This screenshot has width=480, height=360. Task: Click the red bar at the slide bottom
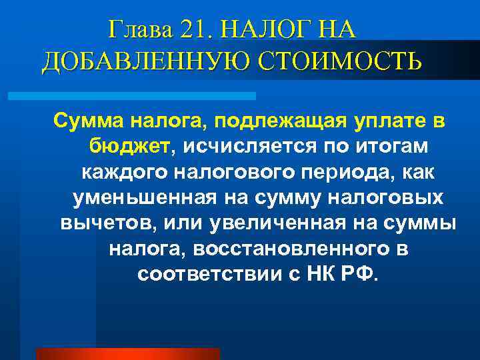(127, 353)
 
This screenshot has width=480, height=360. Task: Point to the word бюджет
(133, 147)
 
